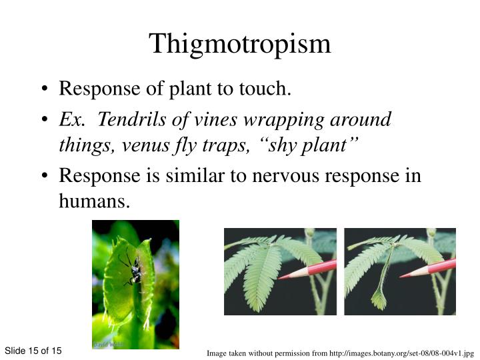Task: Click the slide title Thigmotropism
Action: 240,44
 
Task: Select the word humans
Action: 93,201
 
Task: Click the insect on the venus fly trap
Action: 133,269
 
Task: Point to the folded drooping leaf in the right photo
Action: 380,293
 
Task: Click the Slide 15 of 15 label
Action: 33,351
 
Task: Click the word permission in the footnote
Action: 283,353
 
